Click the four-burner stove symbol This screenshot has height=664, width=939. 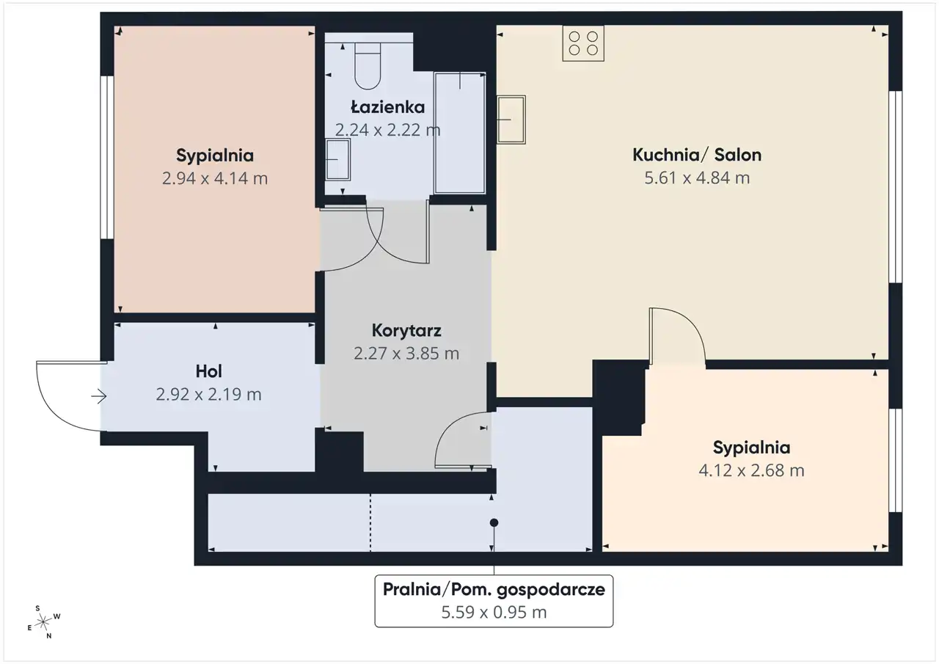tap(583, 43)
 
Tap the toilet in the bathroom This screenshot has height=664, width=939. tap(368, 66)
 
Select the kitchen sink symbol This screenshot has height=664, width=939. tap(511, 120)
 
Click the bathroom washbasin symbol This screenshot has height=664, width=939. tap(338, 160)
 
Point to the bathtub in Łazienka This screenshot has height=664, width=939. tap(460, 134)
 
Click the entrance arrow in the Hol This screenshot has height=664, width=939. tap(99, 396)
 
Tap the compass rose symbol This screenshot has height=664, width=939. tap(43, 622)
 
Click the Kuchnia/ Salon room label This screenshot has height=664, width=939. tap(697, 155)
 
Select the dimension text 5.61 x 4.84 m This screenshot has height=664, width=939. tap(697, 178)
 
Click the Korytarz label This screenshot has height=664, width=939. tap(406, 331)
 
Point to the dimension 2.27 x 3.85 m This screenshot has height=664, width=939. tap(406, 354)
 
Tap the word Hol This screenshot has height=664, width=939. tap(209, 371)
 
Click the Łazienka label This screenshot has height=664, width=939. tap(388, 107)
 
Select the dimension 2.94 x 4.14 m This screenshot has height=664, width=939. tap(215, 178)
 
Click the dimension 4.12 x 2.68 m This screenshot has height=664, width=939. tap(751, 470)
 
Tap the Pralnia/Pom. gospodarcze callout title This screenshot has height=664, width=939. tap(494, 589)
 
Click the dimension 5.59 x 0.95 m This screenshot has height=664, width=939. tap(494, 613)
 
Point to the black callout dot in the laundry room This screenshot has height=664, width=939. tap(494, 522)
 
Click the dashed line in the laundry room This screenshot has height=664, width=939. tap(370, 522)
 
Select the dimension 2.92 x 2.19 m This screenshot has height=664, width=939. tap(209, 395)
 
